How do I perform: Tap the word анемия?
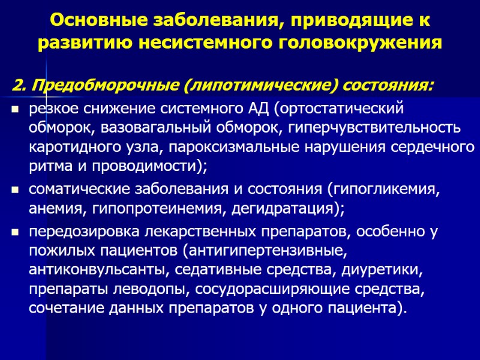51,209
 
